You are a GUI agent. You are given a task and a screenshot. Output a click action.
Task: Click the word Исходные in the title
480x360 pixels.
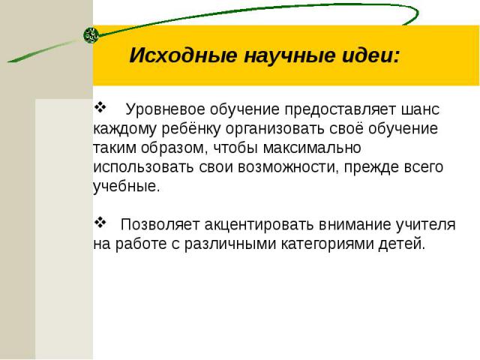[183, 55]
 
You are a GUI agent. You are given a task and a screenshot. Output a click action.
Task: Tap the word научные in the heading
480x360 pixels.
[290, 55]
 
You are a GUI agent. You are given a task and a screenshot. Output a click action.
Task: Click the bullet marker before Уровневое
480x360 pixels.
[100, 106]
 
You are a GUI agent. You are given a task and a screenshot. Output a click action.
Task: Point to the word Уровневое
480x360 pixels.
[166, 109]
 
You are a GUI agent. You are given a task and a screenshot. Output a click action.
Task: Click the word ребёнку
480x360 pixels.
[190, 129]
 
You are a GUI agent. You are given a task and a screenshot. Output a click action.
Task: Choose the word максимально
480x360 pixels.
[312, 148]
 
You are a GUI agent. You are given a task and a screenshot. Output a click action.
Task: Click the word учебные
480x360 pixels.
[127, 187]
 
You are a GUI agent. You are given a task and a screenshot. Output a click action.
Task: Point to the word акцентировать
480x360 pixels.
[259, 225]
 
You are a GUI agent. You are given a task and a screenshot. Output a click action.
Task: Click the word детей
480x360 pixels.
[402, 244]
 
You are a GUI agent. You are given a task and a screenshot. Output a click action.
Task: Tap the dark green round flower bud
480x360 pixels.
[91, 35]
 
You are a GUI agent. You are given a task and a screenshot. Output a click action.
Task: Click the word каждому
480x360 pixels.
[124, 129]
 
